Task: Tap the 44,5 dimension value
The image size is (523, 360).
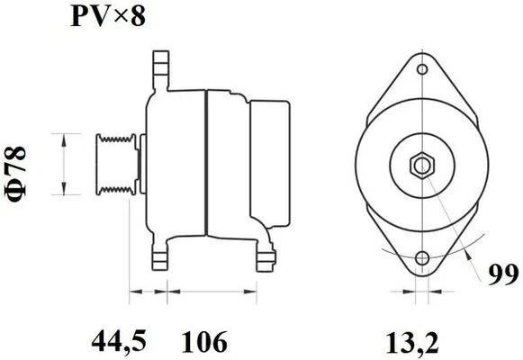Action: (x=121, y=341)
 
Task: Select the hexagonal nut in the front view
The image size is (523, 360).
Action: (x=420, y=166)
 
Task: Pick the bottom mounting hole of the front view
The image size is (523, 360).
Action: (x=420, y=260)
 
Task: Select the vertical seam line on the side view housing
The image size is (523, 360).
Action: (x=207, y=165)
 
